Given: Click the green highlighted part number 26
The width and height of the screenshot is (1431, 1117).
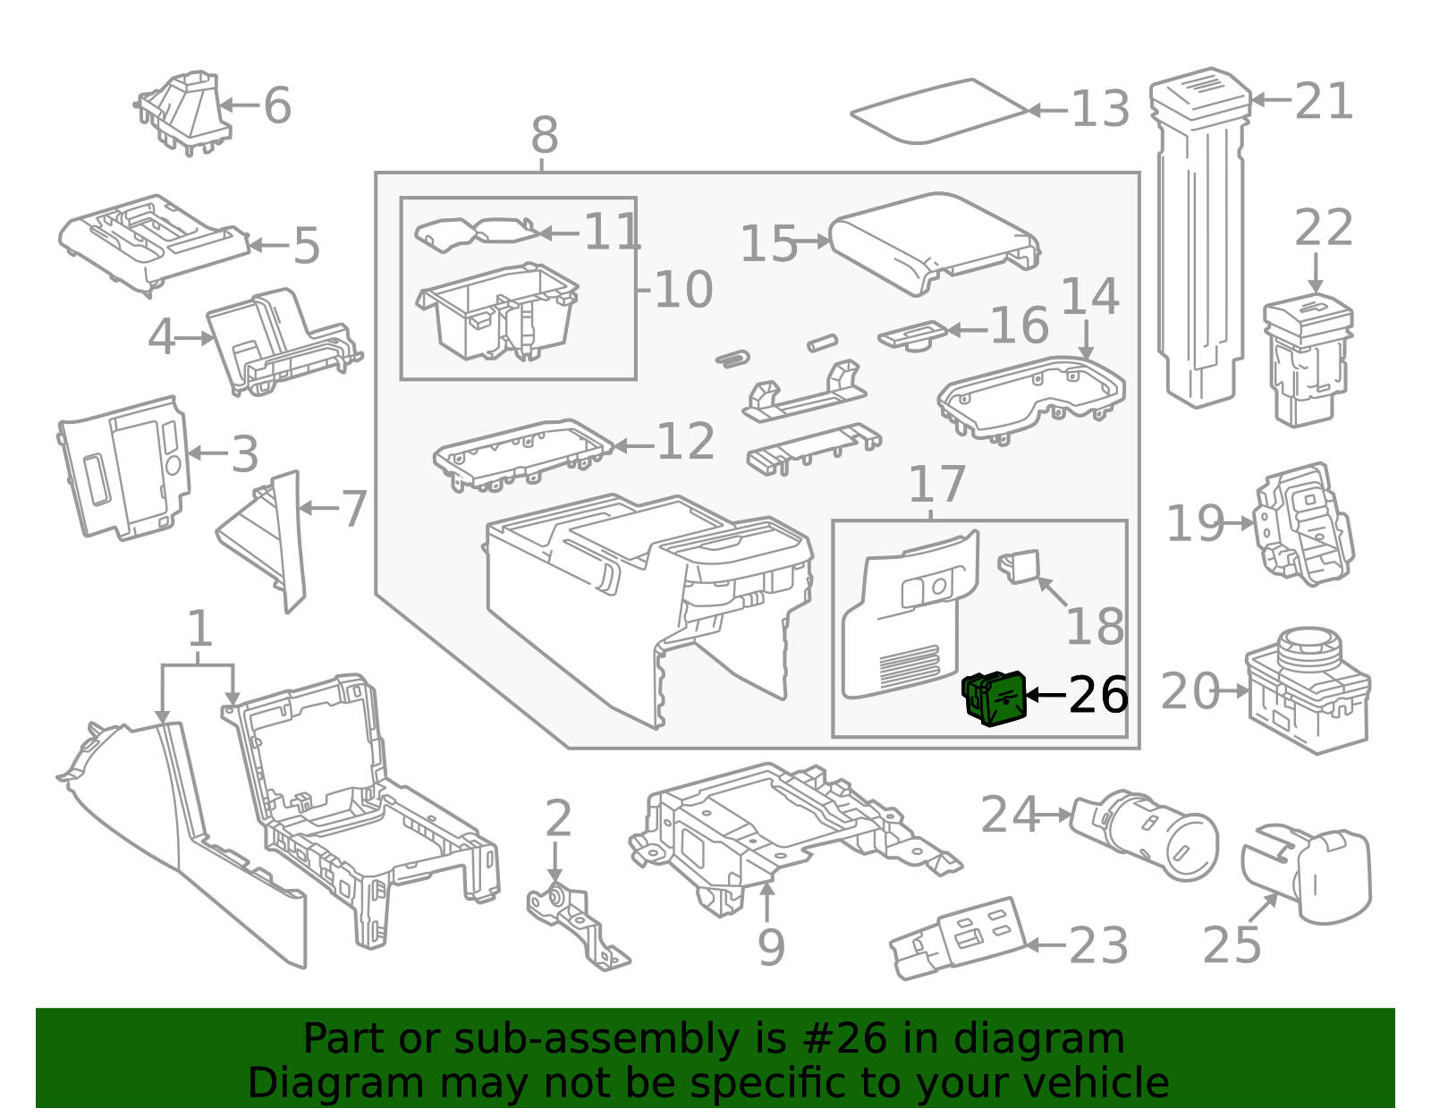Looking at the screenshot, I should [x=993, y=698].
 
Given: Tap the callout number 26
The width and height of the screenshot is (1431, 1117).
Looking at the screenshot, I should [x=1098, y=695].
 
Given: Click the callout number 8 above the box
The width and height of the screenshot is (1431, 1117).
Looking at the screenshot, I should [x=544, y=136].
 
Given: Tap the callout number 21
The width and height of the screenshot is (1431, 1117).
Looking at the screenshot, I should [x=1324, y=101].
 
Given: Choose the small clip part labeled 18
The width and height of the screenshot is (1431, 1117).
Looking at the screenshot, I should [x=1020, y=565].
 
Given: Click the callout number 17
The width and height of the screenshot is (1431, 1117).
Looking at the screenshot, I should [x=936, y=485].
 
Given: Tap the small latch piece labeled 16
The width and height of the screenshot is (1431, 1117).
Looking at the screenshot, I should [x=912, y=335].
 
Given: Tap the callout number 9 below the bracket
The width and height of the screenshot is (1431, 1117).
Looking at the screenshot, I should [x=770, y=948].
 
